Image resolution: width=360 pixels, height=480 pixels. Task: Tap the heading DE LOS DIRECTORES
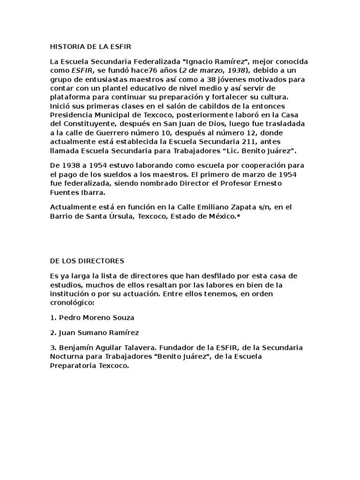87,260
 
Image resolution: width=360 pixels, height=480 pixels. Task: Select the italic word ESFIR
81,70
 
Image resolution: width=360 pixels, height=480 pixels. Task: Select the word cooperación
252,165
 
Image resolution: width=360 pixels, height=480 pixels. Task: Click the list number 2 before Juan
52,332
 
